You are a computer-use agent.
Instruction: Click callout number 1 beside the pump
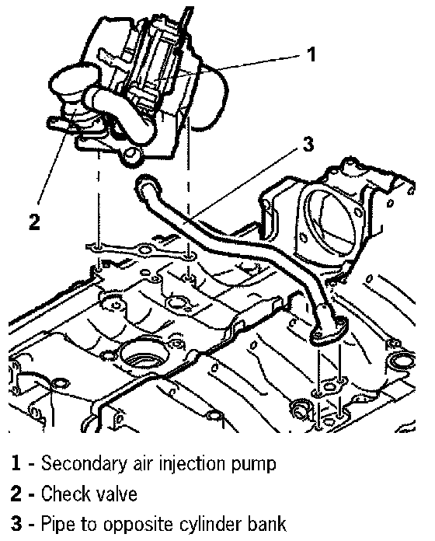click(x=311, y=54)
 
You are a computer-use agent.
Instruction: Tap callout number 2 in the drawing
click(x=34, y=222)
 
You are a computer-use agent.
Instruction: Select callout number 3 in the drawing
click(x=308, y=144)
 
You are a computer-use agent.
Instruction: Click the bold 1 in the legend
click(x=16, y=462)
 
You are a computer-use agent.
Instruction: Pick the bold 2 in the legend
click(x=16, y=493)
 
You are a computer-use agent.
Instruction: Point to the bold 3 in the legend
click(x=16, y=523)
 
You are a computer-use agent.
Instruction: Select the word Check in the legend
click(x=61, y=493)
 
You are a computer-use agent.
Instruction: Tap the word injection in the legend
click(x=193, y=463)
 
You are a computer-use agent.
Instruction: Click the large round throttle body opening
click(x=331, y=221)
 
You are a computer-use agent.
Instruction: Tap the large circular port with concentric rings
click(x=144, y=357)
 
